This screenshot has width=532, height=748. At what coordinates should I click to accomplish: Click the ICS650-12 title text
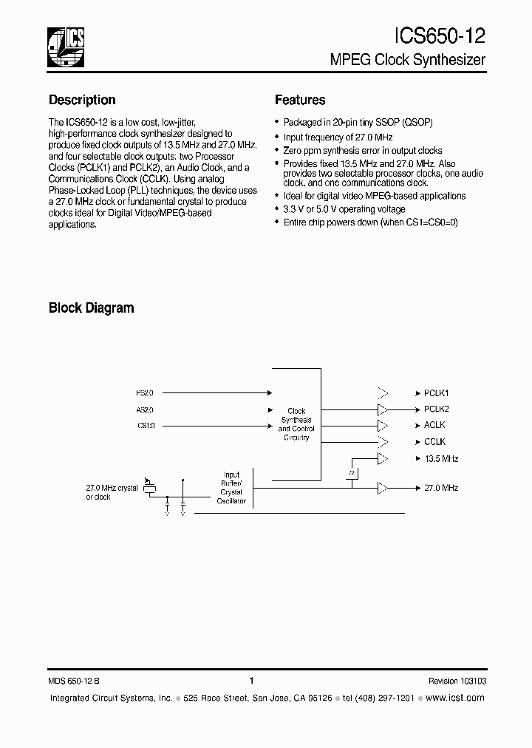(x=440, y=36)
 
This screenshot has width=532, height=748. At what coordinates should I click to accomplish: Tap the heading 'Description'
(x=82, y=100)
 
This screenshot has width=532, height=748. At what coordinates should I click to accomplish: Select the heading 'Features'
(x=300, y=100)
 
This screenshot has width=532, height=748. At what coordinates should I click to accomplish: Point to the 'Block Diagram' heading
(x=92, y=307)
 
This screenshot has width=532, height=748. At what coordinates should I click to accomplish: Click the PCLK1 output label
(x=437, y=393)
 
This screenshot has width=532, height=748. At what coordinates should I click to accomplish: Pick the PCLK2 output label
(x=437, y=409)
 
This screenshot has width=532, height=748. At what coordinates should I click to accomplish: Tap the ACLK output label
(x=434, y=425)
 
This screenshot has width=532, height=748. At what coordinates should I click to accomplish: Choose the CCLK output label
(x=434, y=441)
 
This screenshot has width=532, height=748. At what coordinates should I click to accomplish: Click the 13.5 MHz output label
(x=441, y=458)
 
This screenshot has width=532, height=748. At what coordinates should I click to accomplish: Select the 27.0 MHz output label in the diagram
(x=441, y=488)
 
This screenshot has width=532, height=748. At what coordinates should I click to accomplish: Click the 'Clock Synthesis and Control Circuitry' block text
(x=296, y=424)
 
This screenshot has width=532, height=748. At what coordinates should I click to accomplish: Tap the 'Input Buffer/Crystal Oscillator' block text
(x=231, y=488)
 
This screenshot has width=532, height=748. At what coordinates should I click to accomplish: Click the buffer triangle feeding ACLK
(x=382, y=425)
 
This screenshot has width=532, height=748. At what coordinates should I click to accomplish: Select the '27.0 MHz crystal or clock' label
(x=112, y=492)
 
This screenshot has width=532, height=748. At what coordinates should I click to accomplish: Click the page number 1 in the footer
(x=252, y=681)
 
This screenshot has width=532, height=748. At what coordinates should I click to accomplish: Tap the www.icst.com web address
(x=455, y=698)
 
